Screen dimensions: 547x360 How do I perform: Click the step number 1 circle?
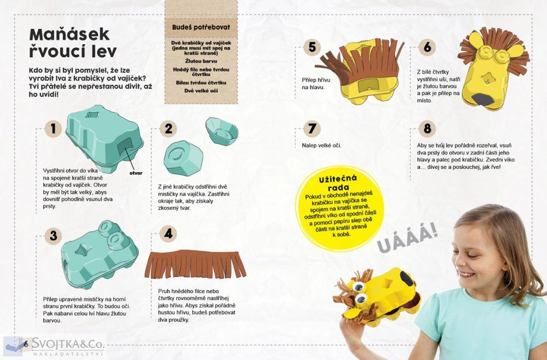(53, 129)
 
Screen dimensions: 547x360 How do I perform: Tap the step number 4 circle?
(168, 233)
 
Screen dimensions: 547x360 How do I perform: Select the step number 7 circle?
(312, 128)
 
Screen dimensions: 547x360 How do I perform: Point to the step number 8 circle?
(427, 128)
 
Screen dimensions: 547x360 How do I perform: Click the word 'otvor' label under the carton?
(136, 173)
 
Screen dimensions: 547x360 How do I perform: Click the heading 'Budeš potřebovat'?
(201, 27)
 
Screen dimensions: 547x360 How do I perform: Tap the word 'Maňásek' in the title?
(69, 35)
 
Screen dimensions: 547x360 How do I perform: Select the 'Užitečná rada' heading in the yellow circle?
(338, 183)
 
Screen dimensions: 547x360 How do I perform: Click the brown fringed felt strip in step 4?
(196, 264)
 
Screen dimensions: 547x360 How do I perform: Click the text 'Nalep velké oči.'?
(321, 145)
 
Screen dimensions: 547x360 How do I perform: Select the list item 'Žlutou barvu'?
(201, 61)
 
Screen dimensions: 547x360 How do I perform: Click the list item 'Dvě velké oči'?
(201, 91)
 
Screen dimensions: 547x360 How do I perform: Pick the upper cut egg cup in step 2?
(222, 131)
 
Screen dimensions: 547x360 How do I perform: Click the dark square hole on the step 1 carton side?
(124, 147)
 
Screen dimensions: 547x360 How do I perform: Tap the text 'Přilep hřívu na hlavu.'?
(316, 84)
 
